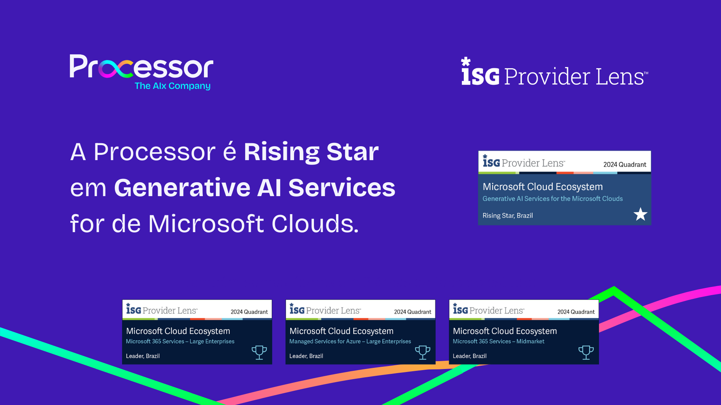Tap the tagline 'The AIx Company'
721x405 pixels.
pyautogui.click(x=172, y=86)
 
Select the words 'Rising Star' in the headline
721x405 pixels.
pyautogui.click(x=311, y=152)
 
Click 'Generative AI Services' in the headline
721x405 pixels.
pyautogui.click(x=255, y=188)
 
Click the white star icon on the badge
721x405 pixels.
pyautogui.click(x=640, y=214)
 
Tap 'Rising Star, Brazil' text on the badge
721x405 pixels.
pyautogui.click(x=507, y=216)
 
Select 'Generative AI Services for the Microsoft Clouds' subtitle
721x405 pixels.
pyautogui.click(x=552, y=199)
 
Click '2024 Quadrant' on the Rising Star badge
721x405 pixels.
pyautogui.click(x=624, y=165)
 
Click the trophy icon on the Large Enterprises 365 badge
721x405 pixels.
pyautogui.click(x=259, y=352)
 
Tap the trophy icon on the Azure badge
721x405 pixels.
pyautogui.click(x=422, y=352)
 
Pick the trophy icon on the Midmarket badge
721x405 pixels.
pyautogui.click(x=586, y=352)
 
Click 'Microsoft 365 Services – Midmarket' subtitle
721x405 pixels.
pyautogui.click(x=498, y=341)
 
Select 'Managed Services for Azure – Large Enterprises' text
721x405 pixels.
pyautogui.click(x=350, y=341)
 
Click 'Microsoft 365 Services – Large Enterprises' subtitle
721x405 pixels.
pyautogui.click(x=180, y=341)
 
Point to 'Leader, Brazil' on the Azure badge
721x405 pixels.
pyautogui.click(x=306, y=356)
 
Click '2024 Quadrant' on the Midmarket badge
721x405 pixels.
pyautogui.click(x=576, y=312)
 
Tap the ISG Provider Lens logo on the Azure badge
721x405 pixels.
pyautogui.click(x=325, y=310)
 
